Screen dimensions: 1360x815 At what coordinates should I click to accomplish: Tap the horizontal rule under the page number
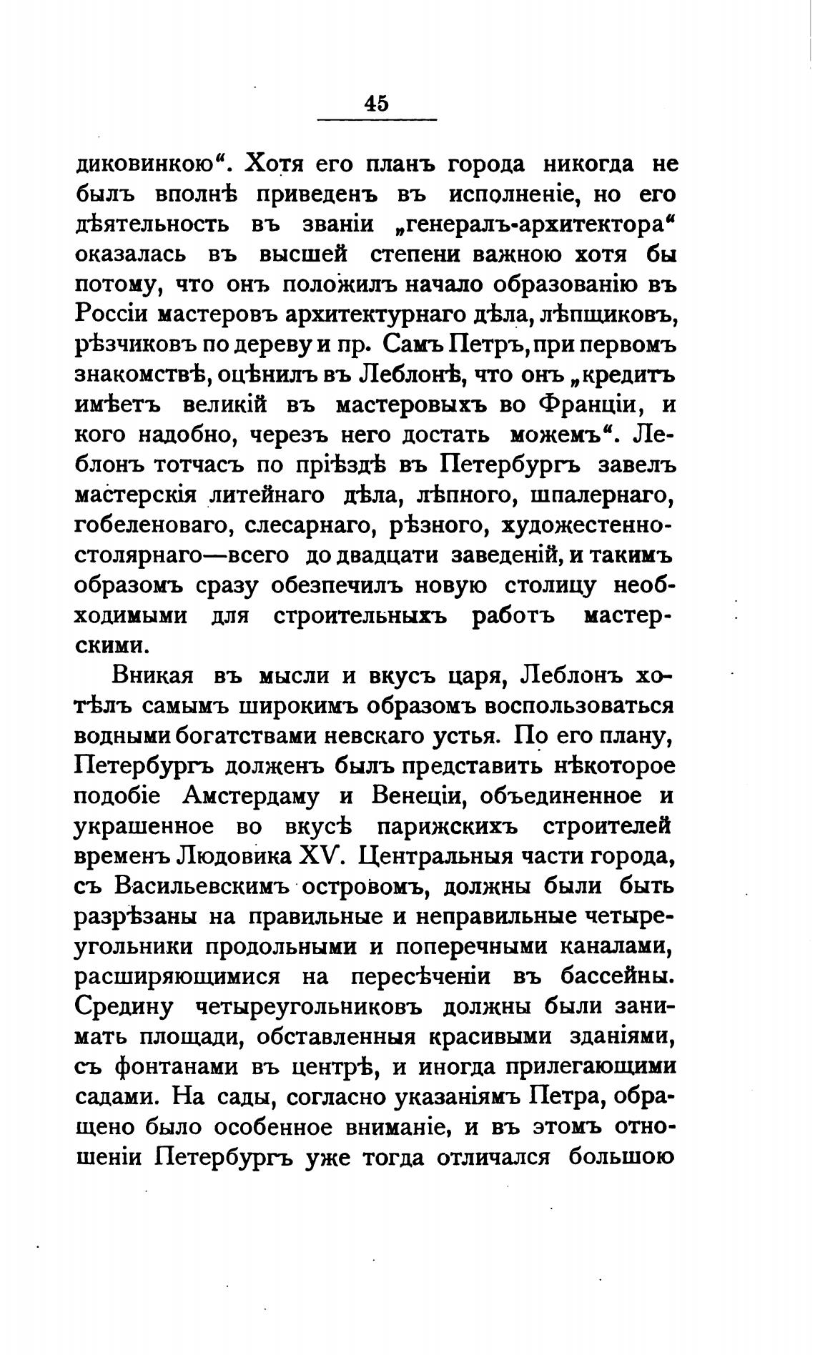click(x=376, y=119)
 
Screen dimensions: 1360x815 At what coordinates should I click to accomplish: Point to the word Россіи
click(x=111, y=314)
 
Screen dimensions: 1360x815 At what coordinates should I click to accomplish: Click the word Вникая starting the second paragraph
click(x=151, y=675)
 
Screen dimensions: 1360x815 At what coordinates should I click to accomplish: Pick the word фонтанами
click(x=176, y=1067)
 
